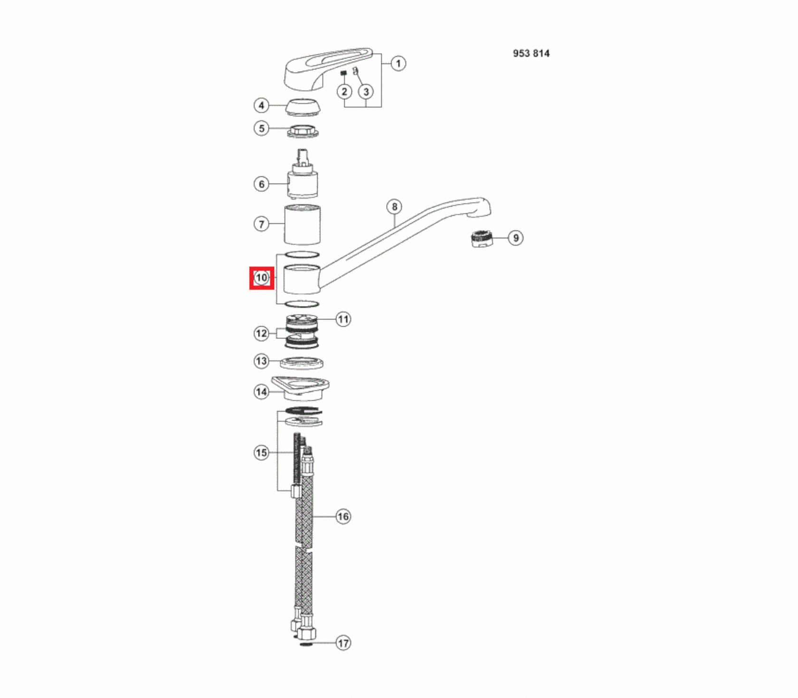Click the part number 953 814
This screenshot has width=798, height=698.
pos(531,53)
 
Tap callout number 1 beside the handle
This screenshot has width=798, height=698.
pos(398,63)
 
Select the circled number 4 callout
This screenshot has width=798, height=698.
pos(261,105)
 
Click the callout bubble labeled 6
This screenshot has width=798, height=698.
pos(261,184)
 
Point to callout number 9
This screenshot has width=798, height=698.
pos(516,238)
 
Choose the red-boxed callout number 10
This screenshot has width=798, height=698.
pos(262,277)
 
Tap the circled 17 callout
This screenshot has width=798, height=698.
pos(343,643)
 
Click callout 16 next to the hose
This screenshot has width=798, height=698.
pos(343,516)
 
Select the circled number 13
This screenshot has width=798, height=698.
pos(261,361)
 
